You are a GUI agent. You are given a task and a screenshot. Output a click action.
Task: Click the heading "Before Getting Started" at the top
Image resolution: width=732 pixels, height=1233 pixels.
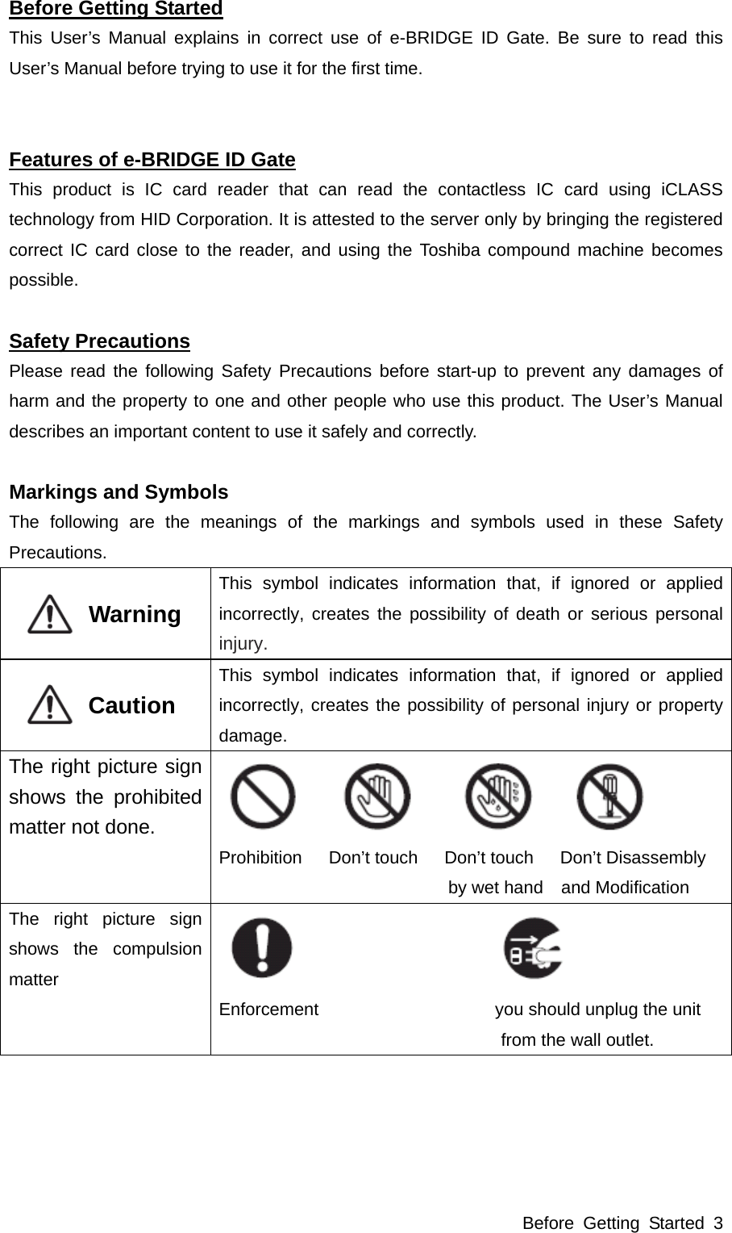click(116, 9)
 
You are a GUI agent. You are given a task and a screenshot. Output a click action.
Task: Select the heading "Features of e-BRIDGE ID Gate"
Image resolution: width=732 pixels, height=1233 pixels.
click(152, 160)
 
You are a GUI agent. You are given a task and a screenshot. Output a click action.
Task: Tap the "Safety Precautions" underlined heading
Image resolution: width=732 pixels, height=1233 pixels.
click(99, 341)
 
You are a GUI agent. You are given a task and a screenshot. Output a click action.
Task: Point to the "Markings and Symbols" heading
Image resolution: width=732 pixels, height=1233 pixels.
click(119, 492)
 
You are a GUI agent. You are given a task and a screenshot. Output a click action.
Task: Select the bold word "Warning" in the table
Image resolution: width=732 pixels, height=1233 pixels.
click(135, 615)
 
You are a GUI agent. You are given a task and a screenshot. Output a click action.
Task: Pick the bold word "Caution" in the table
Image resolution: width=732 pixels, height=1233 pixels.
click(131, 706)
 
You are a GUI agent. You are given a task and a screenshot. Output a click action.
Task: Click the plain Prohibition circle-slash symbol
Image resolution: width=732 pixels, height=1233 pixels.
click(263, 796)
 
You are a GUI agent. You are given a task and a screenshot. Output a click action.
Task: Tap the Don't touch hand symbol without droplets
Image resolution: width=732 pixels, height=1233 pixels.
click(377, 796)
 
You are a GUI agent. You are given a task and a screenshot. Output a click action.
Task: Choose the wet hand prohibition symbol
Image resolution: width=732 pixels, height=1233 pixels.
click(498, 796)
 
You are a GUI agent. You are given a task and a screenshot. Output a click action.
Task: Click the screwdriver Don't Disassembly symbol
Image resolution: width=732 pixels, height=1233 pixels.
click(609, 796)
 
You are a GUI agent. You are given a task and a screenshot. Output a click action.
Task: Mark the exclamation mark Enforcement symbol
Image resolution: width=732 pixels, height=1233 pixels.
click(263, 948)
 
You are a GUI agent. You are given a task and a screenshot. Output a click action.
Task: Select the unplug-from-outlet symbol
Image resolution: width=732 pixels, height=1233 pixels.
click(534, 948)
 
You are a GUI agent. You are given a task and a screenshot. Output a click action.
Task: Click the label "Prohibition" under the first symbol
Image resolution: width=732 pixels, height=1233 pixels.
click(260, 858)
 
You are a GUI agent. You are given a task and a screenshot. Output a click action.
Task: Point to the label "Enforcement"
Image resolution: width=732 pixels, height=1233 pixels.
click(268, 1009)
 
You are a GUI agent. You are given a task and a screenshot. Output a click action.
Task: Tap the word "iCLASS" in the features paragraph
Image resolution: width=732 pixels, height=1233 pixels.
click(691, 190)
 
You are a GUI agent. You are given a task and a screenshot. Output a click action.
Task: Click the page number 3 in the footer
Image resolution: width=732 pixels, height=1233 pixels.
click(717, 1223)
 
